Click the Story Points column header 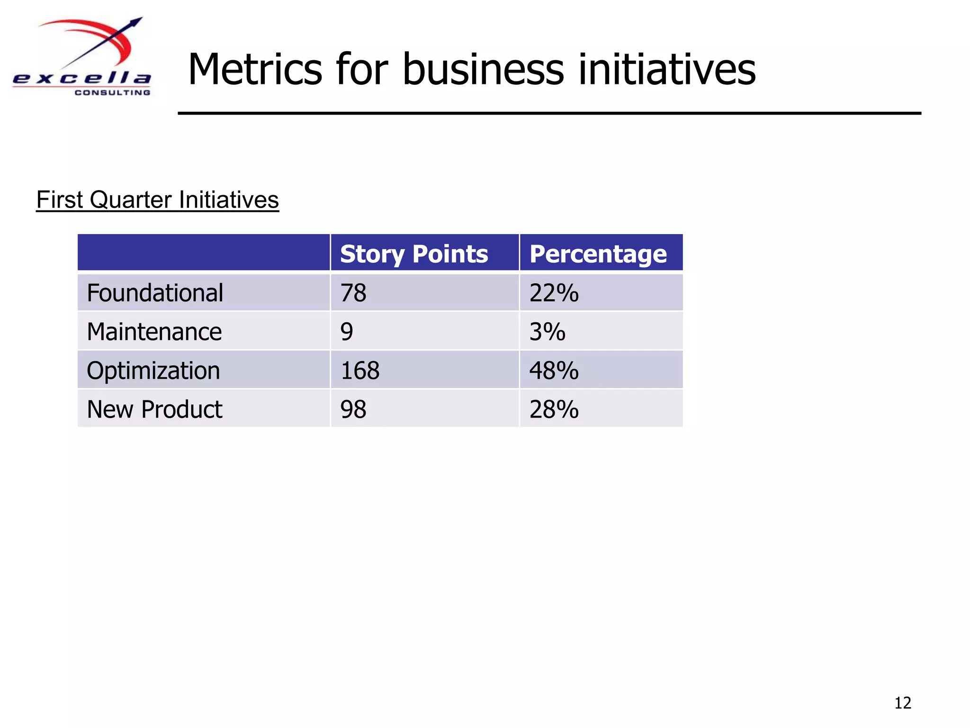pyautogui.click(x=413, y=254)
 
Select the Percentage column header pyautogui.click(x=598, y=254)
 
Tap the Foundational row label pyautogui.click(x=155, y=293)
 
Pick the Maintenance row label pyautogui.click(x=154, y=332)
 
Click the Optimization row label pyautogui.click(x=153, y=371)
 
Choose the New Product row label pyautogui.click(x=154, y=409)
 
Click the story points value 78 pyautogui.click(x=353, y=293)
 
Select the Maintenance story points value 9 pyautogui.click(x=347, y=332)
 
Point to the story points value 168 pyautogui.click(x=360, y=371)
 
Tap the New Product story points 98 pyautogui.click(x=353, y=409)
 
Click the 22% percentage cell pyautogui.click(x=554, y=293)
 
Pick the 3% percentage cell pyautogui.click(x=547, y=332)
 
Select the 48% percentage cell pyautogui.click(x=554, y=371)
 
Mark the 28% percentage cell pyautogui.click(x=554, y=409)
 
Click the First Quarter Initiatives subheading pyautogui.click(x=157, y=200)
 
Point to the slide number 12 pyautogui.click(x=903, y=702)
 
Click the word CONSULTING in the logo pyautogui.click(x=112, y=92)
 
